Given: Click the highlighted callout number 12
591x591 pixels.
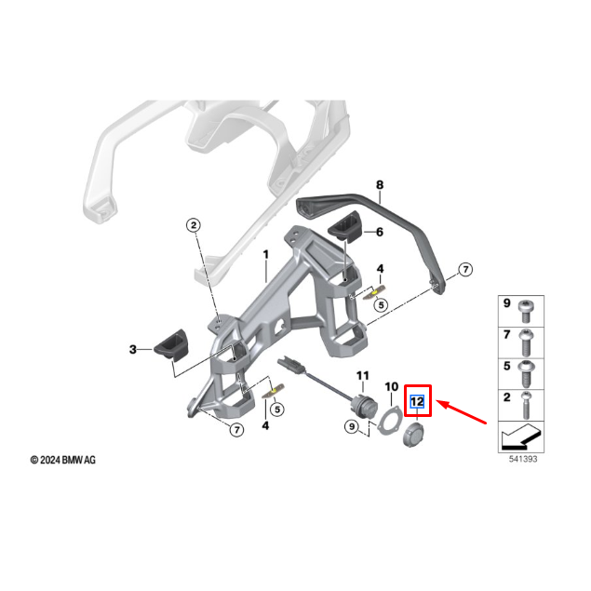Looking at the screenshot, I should click(418, 402).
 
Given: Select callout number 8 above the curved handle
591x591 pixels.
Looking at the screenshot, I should click(379, 186).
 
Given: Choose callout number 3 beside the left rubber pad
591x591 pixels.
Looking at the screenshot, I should click(133, 349).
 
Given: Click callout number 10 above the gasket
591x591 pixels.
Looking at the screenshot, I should click(391, 385).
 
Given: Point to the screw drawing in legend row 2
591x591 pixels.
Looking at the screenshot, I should click(527, 402).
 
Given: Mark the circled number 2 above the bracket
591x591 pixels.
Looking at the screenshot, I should click(193, 225).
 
